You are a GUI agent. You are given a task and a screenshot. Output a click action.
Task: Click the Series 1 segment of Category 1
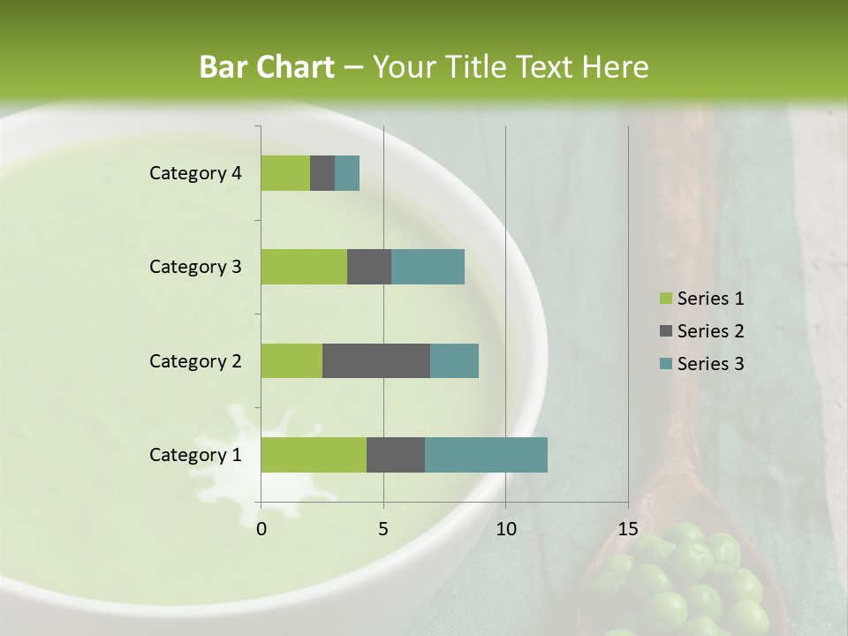314,455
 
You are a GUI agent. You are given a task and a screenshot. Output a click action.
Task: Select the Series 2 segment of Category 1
396,455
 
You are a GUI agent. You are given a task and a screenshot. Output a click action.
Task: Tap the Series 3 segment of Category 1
486,455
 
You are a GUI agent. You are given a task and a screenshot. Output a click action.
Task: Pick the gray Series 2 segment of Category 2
376,360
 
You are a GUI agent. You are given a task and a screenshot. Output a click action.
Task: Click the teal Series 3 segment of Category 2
454,360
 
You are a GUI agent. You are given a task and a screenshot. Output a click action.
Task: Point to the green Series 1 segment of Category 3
304,267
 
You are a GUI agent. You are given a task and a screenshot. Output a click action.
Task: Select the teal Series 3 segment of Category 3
428,267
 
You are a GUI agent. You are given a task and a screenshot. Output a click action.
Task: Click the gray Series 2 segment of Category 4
322,173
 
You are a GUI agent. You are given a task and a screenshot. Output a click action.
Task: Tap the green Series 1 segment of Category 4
285,173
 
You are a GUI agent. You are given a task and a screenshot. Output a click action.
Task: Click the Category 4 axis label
195,173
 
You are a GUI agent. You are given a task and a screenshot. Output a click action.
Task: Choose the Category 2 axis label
195,360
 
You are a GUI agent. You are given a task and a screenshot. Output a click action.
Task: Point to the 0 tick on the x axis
261,529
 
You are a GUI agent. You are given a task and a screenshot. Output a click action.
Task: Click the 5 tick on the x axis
383,529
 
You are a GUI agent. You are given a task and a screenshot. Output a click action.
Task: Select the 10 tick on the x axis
505,529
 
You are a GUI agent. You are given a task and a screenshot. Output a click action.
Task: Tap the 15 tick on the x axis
627,529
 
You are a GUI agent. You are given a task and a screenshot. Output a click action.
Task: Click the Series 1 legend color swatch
665,299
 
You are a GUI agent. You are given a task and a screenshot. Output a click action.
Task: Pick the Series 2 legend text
710,331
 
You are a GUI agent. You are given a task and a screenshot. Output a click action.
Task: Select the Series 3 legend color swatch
665,364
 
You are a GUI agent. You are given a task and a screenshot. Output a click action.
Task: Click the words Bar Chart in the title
267,67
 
